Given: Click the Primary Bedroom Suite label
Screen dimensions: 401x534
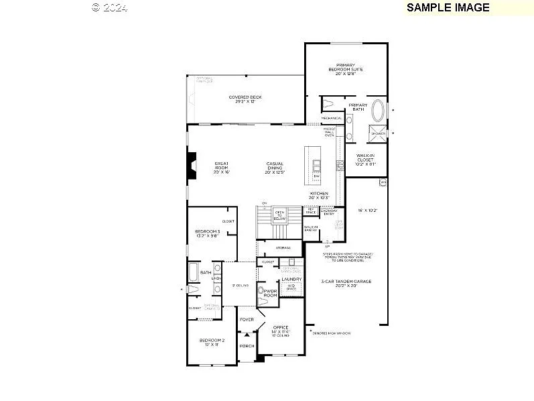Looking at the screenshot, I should [346, 68].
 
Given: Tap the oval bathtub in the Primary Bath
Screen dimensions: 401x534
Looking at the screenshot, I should [379, 110].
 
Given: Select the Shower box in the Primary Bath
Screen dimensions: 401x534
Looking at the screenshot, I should [378, 133].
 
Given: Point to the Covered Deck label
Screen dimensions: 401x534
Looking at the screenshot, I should [245, 99].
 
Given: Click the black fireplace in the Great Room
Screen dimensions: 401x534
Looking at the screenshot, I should [192, 166].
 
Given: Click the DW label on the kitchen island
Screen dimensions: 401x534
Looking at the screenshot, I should [316, 176].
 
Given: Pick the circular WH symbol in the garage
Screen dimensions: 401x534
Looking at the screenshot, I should [383, 182].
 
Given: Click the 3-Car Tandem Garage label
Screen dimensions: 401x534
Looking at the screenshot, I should [346, 283].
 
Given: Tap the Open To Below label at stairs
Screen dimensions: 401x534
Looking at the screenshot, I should [280, 215].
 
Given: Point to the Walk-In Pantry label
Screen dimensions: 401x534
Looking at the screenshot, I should [311, 229].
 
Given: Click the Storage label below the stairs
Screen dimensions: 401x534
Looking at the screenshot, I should [283, 247].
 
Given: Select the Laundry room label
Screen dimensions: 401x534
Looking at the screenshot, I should [291, 278].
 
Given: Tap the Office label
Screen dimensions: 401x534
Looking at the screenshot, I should [280, 329].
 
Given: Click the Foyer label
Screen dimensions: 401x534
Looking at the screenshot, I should [247, 319].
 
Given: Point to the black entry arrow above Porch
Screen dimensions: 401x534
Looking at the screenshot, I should [247, 333].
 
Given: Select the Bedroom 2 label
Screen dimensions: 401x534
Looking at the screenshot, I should [211, 342].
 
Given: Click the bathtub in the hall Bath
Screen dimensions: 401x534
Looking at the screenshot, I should [193, 272].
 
